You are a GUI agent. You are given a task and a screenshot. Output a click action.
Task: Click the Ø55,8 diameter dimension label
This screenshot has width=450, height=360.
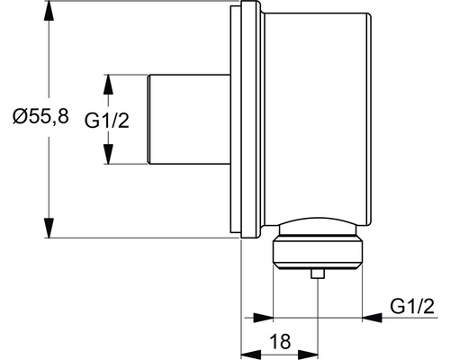coord(40,116)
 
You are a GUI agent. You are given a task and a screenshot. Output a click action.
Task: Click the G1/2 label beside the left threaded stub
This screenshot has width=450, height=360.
coord(107,121)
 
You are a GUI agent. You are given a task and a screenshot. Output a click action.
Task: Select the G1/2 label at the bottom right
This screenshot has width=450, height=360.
coord(412,307)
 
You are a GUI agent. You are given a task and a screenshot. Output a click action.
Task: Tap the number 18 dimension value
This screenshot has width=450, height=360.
coord(280,341)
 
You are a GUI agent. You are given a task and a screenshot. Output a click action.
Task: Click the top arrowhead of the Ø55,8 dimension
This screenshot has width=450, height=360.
coord(49,12)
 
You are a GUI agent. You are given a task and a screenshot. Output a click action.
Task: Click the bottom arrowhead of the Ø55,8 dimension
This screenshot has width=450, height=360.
coord(49,228)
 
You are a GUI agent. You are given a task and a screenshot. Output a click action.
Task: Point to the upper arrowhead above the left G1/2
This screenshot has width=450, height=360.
coord(108,85)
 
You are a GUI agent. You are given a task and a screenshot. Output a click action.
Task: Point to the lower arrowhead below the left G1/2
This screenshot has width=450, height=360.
coord(108,154)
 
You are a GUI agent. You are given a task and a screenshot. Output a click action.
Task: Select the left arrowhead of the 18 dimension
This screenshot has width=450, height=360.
coord(251,354)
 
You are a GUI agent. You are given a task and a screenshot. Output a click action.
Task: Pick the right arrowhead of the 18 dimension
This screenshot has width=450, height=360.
coord(308,354)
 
